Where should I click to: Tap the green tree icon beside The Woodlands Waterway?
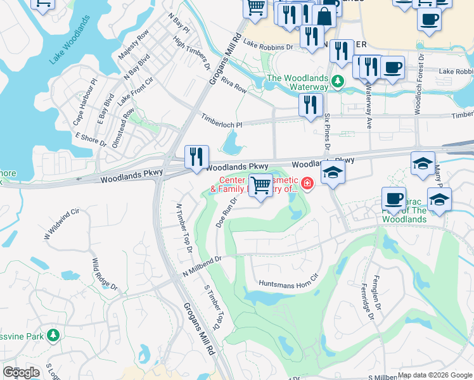click(x=338, y=80)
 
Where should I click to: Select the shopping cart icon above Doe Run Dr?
click(x=260, y=185)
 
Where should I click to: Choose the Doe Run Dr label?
click(x=226, y=212)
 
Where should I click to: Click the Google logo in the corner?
click(x=21, y=372)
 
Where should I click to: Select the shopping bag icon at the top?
click(x=324, y=16)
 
